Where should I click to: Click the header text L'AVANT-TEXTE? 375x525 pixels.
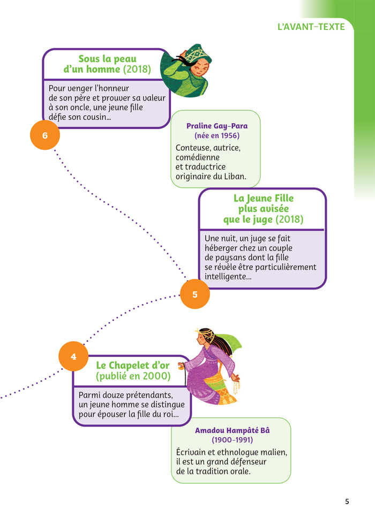311,26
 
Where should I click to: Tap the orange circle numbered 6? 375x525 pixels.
45,135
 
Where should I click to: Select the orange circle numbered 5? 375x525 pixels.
194,294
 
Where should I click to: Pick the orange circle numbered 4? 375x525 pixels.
73,356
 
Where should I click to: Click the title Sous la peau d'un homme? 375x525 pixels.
107,64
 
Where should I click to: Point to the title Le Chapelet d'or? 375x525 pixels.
133,366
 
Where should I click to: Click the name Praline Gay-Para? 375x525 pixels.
217,126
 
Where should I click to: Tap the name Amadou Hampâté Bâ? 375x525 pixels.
232,430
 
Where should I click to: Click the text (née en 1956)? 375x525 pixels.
217,135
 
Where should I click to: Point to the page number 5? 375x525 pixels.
347,501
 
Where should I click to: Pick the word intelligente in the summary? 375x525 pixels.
226,277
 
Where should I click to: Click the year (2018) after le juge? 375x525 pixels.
287,219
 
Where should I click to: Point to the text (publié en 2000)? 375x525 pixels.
133,376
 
